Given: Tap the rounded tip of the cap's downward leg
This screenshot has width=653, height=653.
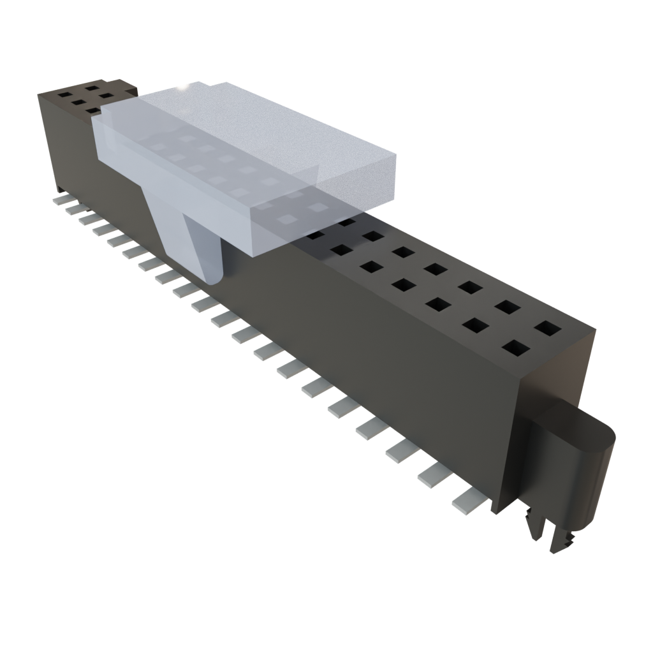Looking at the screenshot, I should (214, 277).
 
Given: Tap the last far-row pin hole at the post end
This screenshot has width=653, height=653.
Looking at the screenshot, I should (547, 329).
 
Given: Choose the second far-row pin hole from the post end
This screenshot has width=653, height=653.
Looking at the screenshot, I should (508, 307).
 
